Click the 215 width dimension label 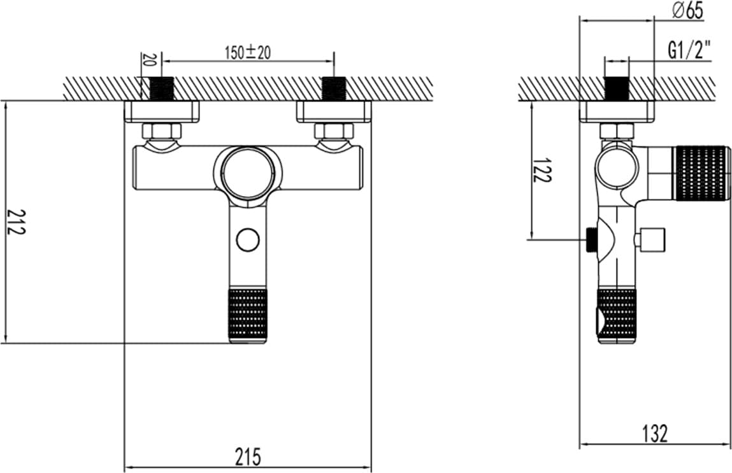coord(247,456)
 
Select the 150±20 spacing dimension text coord(248,52)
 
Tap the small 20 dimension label coord(149,59)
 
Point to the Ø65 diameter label coord(687,10)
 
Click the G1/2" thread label coord(689,50)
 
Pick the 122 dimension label coord(542,170)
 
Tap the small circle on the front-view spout coord(248,239)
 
